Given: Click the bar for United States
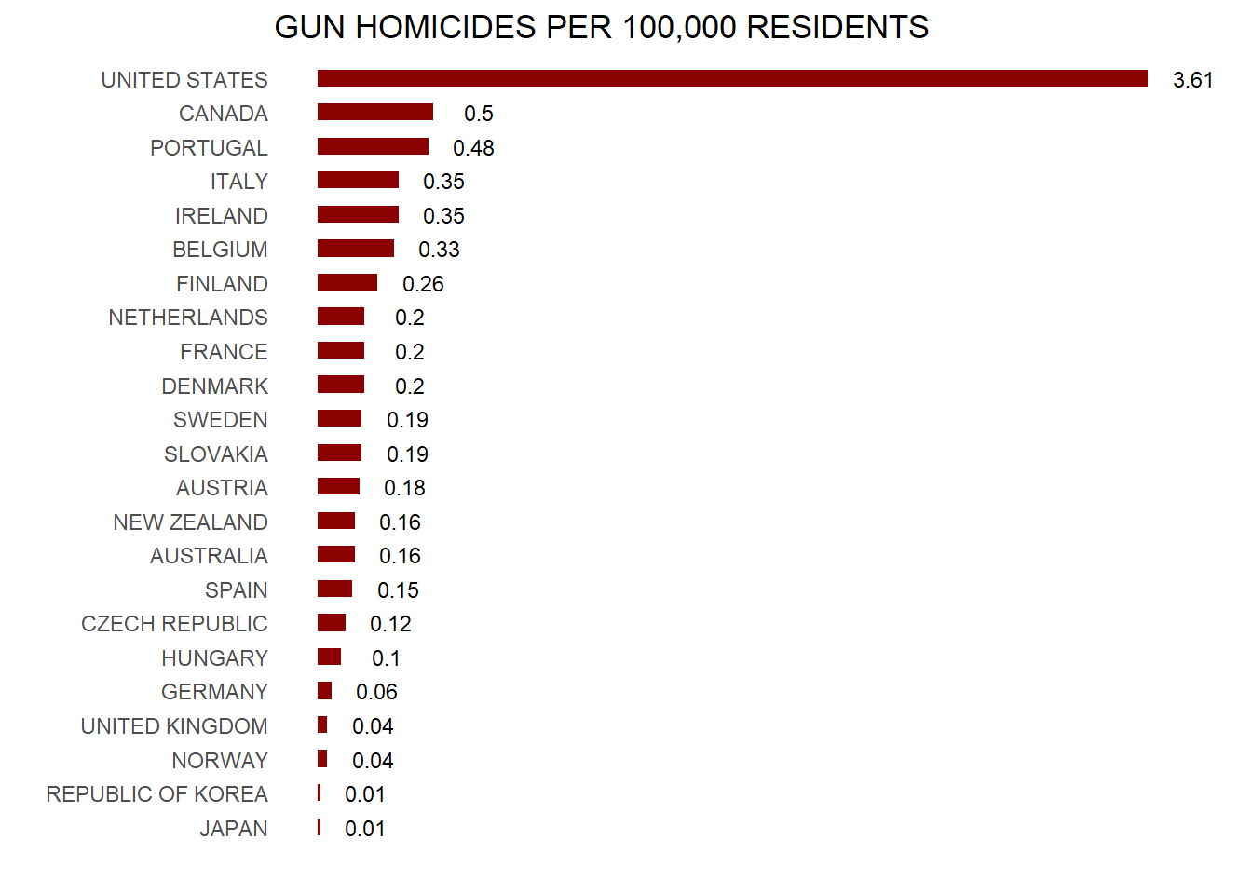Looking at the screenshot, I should pos(732,79).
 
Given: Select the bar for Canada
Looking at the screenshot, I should pos(375,113).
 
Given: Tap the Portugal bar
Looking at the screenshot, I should pos(373,147).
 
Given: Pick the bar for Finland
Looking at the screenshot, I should pos(347,283).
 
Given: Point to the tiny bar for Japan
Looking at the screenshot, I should pos(319,828).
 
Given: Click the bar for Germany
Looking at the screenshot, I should pos(324,691).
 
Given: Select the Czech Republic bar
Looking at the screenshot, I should pos(332,623).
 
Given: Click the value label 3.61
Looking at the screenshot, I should pos(1192,80).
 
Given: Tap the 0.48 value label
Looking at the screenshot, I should pos(473,148).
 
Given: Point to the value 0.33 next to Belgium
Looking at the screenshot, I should pos(439,250).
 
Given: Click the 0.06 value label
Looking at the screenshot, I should pos(376,692).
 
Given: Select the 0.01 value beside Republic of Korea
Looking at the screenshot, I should pos(364,794).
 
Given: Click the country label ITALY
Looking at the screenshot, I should pos(238,182).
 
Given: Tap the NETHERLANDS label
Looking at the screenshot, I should pos(188,318).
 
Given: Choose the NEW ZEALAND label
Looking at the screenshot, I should pos(190,522).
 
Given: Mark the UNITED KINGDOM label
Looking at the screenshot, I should pos(174,726).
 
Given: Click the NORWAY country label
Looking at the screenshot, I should pos(220,761).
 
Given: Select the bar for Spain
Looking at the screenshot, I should pos(334,589).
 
